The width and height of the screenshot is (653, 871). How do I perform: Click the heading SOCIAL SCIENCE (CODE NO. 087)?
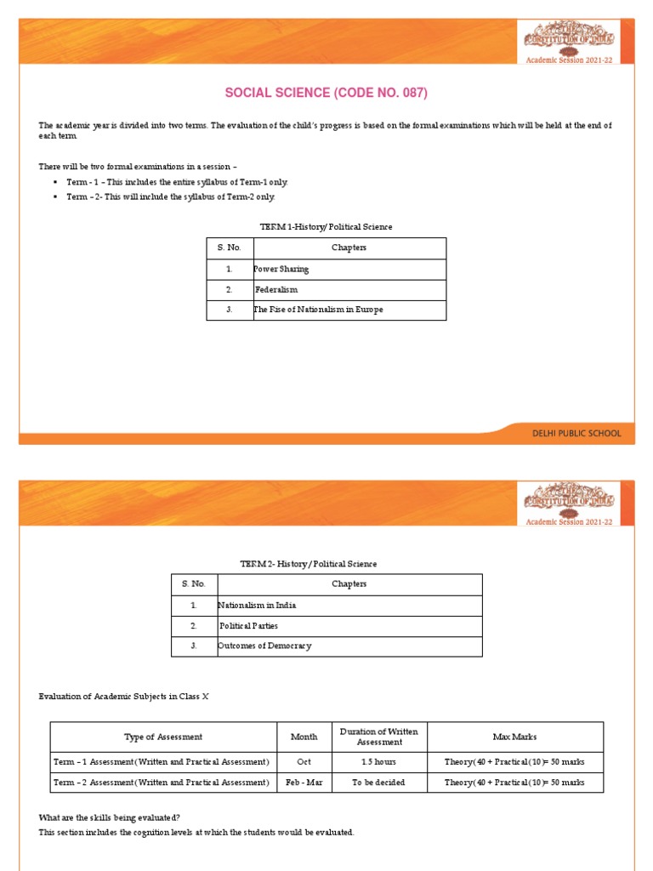326,93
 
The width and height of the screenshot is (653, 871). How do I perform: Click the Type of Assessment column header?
163,737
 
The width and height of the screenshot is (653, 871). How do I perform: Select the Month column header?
304,737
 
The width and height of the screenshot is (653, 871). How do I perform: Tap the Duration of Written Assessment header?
379,737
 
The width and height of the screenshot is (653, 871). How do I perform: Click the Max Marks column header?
514,737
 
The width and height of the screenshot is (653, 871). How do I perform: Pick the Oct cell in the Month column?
304,762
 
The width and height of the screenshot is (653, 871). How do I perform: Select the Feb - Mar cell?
304,783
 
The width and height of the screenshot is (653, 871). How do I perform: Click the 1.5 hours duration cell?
378,762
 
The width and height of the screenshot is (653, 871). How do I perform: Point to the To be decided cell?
378,783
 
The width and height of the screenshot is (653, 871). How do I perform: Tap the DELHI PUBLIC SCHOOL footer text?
576,433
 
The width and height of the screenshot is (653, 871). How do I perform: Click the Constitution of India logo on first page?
569,37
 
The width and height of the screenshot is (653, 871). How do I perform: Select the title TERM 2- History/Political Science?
309,564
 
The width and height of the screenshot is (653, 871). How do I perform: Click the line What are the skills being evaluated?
110,817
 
